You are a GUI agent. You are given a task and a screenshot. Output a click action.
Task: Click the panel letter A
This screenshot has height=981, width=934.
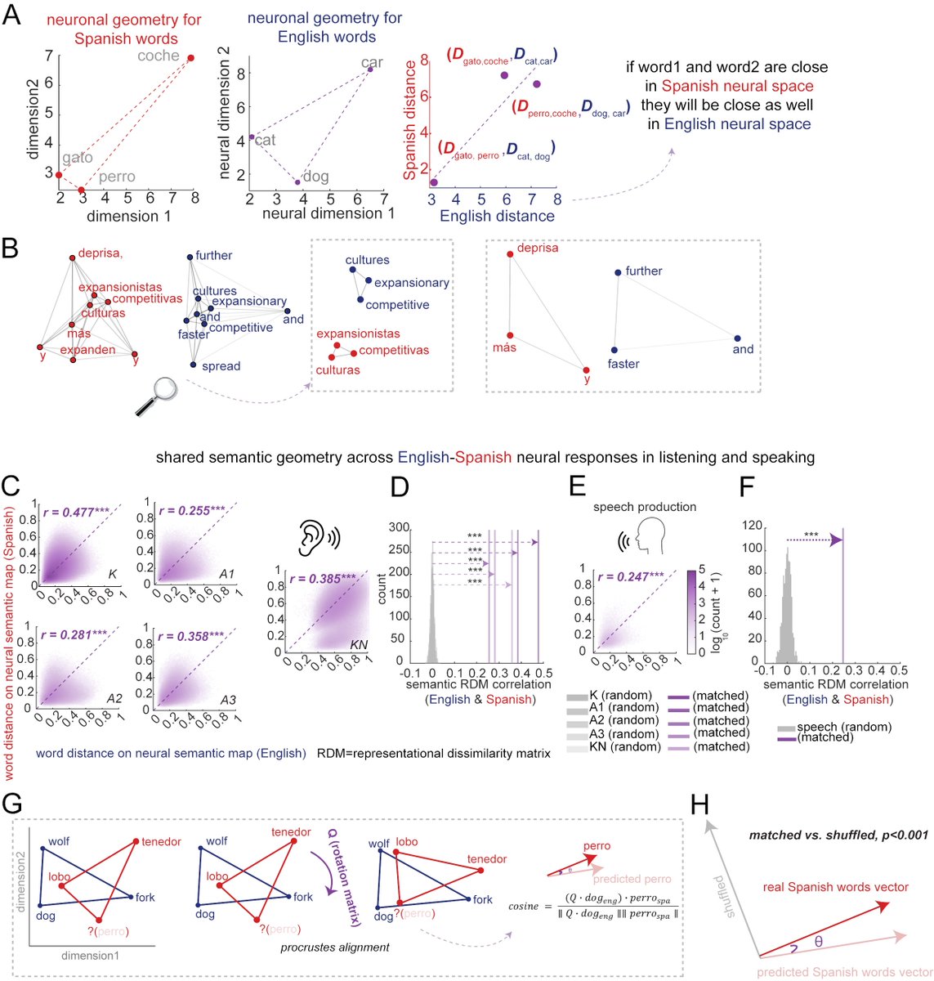[x=12, y=16]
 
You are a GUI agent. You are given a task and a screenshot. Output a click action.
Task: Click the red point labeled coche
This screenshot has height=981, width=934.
[x=191, y=58]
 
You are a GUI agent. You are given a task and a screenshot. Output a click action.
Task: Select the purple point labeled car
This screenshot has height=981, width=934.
[x=370, y=69]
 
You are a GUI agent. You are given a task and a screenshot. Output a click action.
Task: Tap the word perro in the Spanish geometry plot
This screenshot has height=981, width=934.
[x=116, y=177]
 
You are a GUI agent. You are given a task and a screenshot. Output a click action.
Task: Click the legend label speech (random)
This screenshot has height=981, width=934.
[x=844, y=727]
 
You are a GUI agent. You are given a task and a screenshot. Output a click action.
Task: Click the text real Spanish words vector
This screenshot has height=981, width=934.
[x=835, y=887]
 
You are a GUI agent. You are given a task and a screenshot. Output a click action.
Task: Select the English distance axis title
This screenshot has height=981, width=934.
[x=497, y=217]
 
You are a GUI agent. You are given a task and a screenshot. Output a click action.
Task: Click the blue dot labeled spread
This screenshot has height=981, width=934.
[x=194, y=365]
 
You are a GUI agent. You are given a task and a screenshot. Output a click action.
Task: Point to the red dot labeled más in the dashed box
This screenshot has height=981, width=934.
[x=511, y=335]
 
